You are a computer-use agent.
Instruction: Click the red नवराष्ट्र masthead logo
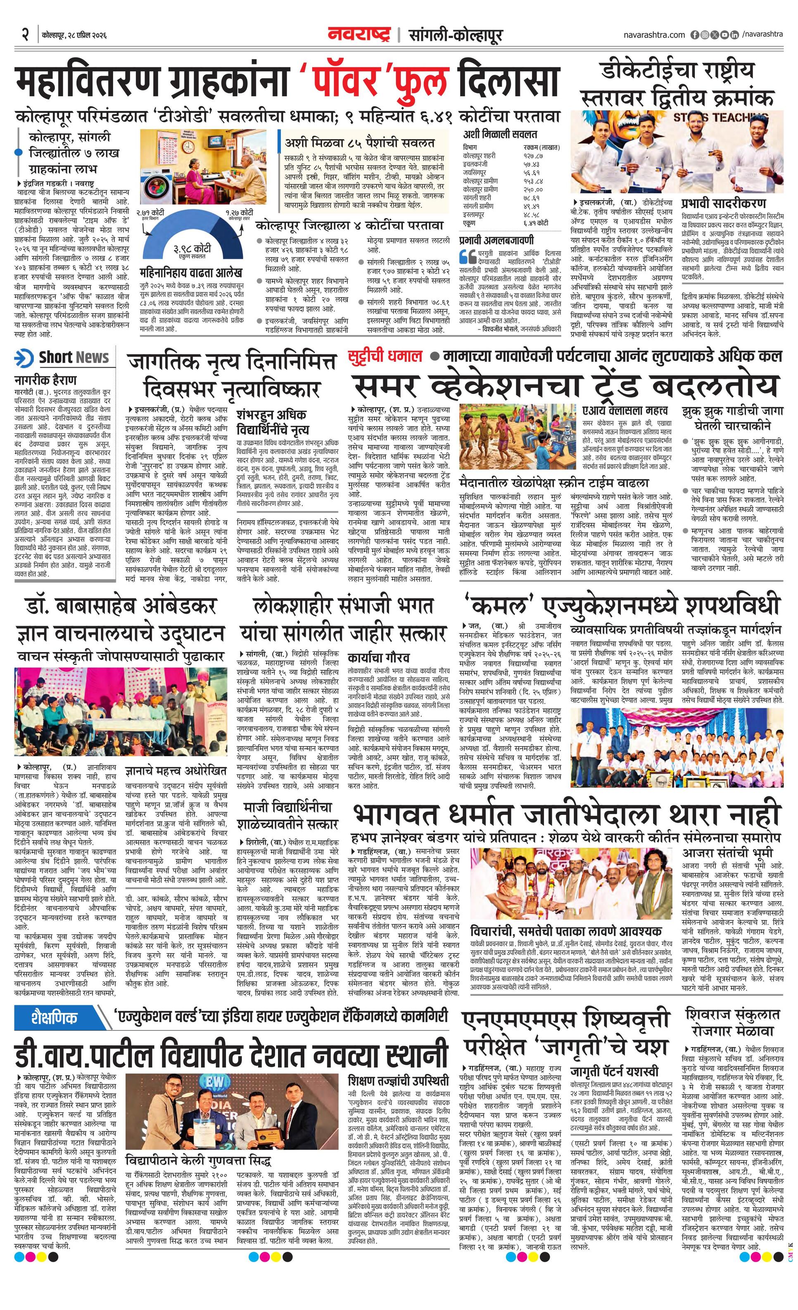point(359,36)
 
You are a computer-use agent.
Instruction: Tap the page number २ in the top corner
point(25,35)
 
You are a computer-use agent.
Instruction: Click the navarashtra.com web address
point(654,35)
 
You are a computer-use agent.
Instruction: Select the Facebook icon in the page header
point(694,35)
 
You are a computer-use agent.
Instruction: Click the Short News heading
point(74,358)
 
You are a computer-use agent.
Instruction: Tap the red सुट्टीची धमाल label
point(385,356)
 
